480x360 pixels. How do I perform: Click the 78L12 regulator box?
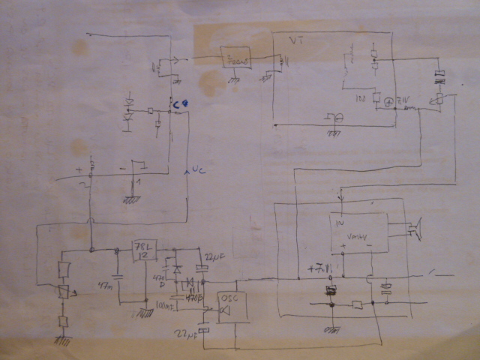tap(143, 250)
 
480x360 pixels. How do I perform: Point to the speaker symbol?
tap(415, 229)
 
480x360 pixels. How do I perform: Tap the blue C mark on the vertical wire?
tap(178, 105)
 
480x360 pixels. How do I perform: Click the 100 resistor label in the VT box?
tap(359, 99)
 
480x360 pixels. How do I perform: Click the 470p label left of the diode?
tap(158, 280)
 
